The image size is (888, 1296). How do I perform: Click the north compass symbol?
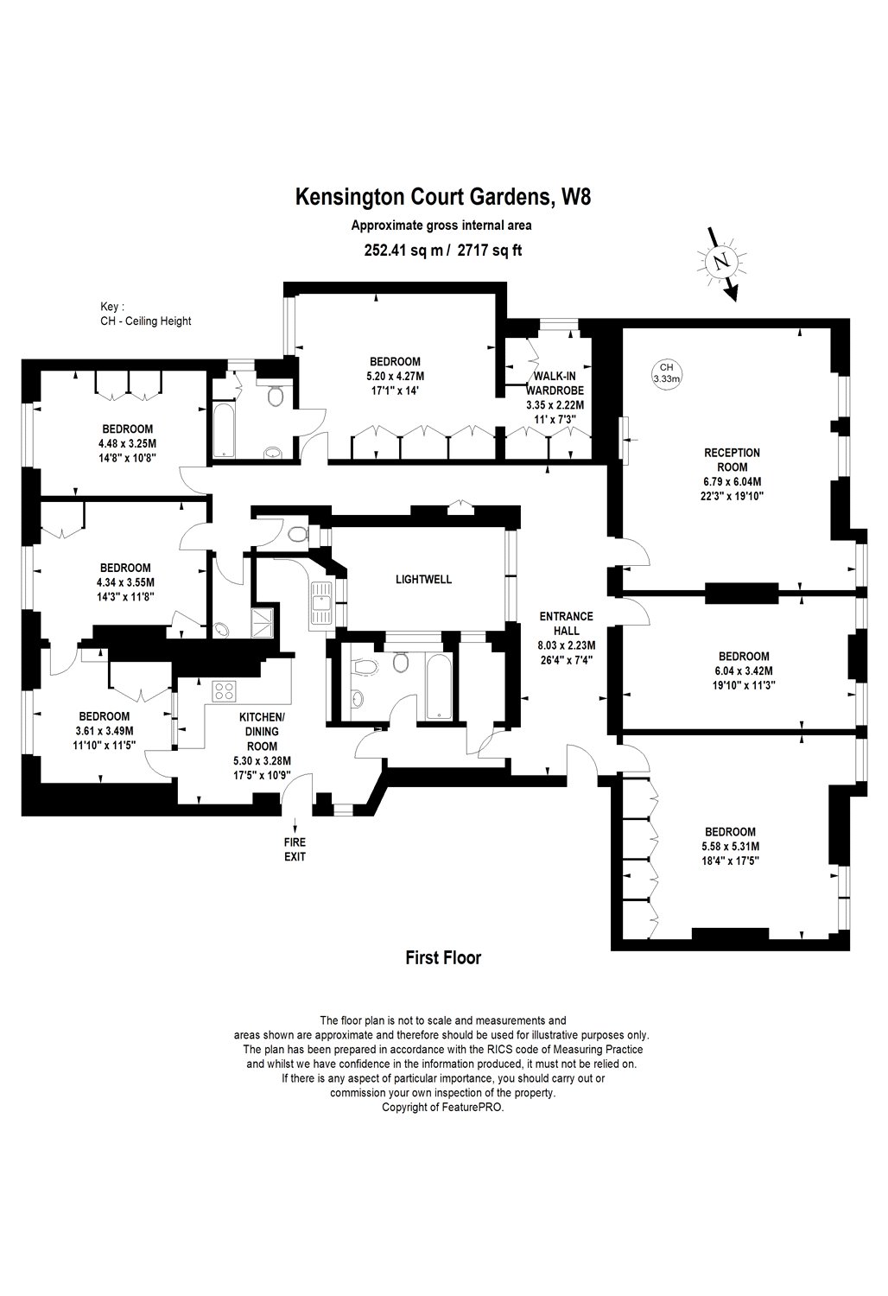point(721,261)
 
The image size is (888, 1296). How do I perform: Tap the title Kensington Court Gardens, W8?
point(443,198)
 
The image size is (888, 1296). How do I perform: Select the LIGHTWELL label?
point(423,580)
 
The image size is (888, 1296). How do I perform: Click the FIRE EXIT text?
point(295,850)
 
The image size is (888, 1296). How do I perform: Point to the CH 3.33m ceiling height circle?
point(666,373)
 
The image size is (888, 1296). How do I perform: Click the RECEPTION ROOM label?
point(732,474)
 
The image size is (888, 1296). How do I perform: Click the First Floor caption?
point(443,957)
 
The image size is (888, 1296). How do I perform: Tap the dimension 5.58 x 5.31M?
point(730,846)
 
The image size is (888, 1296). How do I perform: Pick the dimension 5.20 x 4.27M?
point(395,376)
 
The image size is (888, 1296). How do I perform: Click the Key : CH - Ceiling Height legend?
point(146,314)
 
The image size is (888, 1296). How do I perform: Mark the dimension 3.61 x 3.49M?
point(105,730)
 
